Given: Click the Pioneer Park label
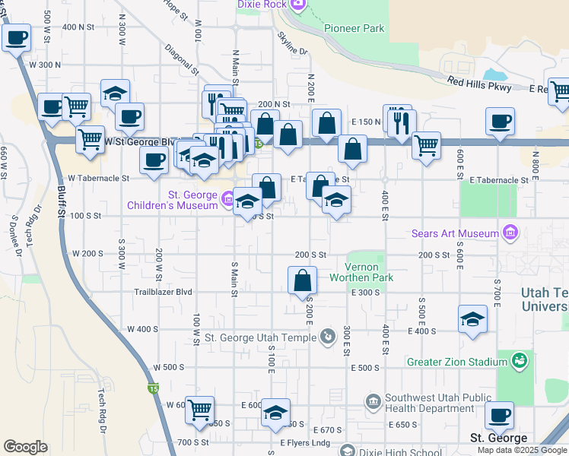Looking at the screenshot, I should [x=354, y=29].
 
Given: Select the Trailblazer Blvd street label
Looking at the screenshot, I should [x=164, y=292].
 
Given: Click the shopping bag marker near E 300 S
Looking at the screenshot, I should [x=303, y=279].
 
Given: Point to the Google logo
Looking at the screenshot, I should [x=25, y=447].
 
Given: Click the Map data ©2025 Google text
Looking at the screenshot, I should [x=521, y=450].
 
